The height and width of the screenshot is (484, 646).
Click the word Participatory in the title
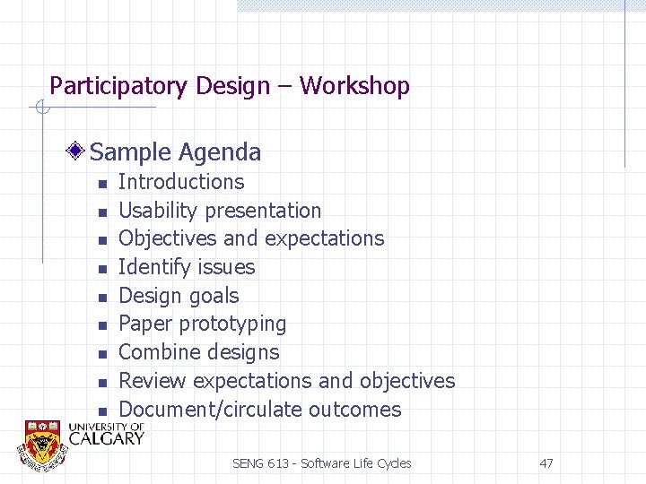pyautogui.click(x=108, y=87)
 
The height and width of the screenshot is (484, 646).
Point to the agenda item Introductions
pyautogui.click(x=180, y=182)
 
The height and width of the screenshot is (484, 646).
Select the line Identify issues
pyautogui.click(x=187, y=267)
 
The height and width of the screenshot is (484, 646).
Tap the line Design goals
pyautogui.click(x=179, y=296)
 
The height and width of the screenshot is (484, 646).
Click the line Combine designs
pyautogui.click(x=198, y=352)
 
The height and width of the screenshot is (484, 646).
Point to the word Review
pyautogui.click(x=153, y=381)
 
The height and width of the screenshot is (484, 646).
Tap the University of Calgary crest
pyautogui.click(x=41, y=443)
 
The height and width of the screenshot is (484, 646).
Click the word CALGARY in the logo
pyautogui.click(x=106, y=438)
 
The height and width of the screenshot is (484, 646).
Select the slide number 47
pyautogui.click(x=546, y=463)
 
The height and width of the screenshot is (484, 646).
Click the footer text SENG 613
pyautogui.click(x=262, y=463)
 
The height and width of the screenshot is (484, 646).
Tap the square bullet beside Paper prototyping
pyautogui.click(x=102, y=325)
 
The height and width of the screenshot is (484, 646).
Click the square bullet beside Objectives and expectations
pyautogui.click(x=102, y=240)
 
